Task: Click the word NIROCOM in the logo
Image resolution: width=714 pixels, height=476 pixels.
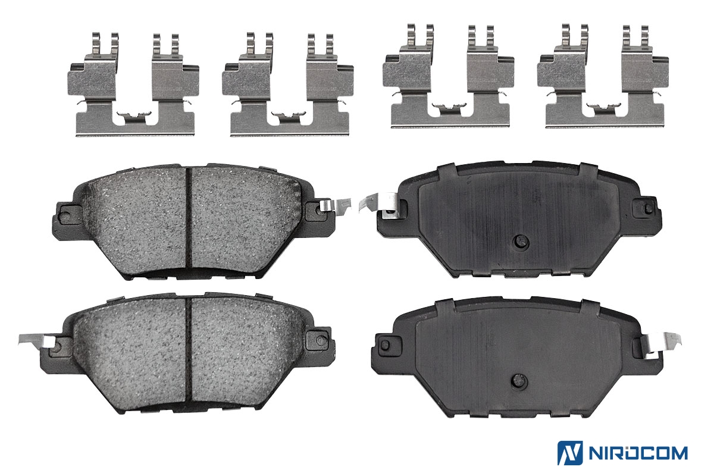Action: tap(638, 453)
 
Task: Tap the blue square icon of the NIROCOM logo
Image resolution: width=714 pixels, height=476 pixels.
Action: tap(570, 453)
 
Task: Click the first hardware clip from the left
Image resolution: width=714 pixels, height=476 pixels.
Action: tap(133, 85)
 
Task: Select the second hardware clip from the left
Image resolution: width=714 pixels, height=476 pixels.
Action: tap(288, 85)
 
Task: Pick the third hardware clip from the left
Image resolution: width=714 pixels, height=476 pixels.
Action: tap(448, 76)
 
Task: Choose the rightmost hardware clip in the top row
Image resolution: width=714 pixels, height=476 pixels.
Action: tap(603, 76)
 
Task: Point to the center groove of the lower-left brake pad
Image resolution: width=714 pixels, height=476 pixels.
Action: tap(189, 350)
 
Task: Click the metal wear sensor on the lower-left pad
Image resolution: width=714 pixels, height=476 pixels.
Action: tap(37, 342)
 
